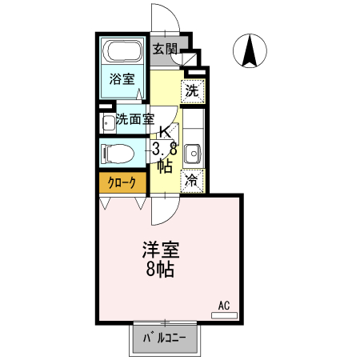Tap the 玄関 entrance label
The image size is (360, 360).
[x=165, y=49]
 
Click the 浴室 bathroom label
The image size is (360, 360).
[x=122, y=79]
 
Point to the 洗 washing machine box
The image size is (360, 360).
[x=192, y=90]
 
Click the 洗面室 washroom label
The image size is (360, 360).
[x=134, y=120]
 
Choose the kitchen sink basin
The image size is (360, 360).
[x=193, y=152]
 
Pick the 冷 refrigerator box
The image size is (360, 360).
[x=192, y=182]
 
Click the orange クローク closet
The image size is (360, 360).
[x=122, y=183]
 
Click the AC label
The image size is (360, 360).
[x=224, y=305]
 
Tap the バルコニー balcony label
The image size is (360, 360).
[x=165, y=338]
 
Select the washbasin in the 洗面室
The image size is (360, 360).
[x=107, y=123]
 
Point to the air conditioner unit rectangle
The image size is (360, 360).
[x=224, y=316]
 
